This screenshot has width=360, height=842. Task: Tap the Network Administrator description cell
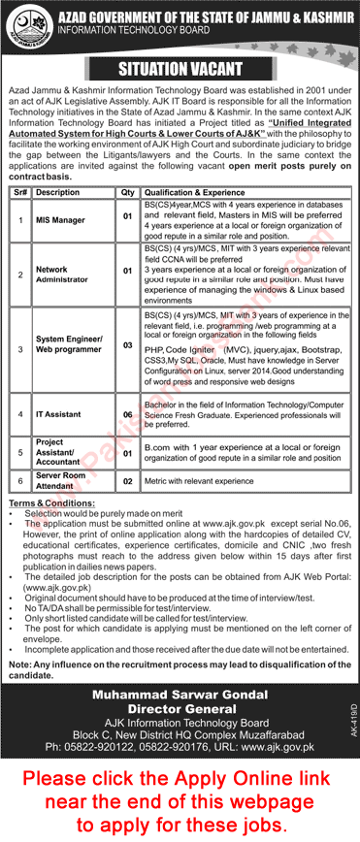click(x=59, y=274)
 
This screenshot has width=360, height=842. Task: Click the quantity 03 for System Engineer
click(x=125, y=344)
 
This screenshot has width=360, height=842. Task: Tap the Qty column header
click(x=125, y=192)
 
